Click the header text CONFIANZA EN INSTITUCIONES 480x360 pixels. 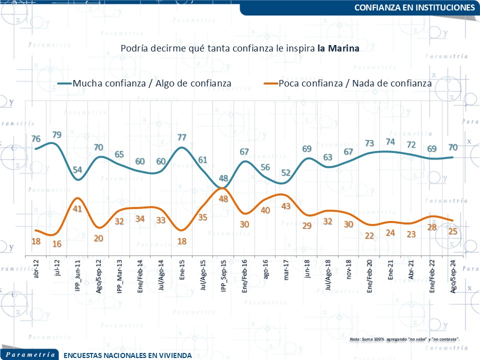click(x=414, y=7)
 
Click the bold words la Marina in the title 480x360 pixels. click(x=338, y=48)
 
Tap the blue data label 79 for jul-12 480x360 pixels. click(x=57, y=134)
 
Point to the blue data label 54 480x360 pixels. click(x=78, y=169)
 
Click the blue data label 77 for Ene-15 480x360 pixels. click(x=182, y=137)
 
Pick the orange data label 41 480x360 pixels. click(x=77, y=209)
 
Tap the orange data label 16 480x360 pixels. click(x=56, y=243)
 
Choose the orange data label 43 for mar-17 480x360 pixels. click(x=286, y=205)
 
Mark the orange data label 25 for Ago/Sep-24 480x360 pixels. click(x=452, y=231)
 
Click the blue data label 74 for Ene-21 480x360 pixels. click(x=390, y=141)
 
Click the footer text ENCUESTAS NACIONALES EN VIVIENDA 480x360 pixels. click(x=127, y=355)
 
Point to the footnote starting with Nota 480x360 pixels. click(x=404, y=339)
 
